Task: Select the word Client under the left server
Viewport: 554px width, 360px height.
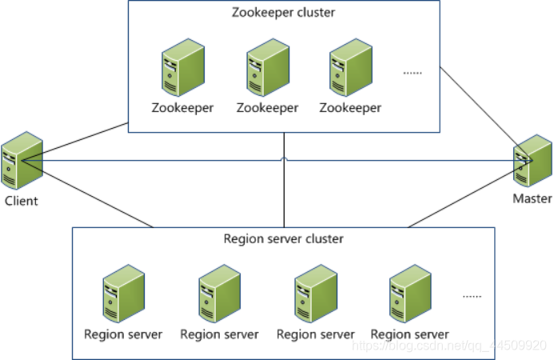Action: coord(21,201)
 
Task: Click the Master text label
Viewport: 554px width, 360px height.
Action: coord(532,198)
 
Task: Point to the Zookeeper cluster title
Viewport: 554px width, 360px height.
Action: coord(283,13)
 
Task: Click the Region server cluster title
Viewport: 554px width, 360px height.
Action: coord(283,238)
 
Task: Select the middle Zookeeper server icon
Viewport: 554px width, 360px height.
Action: coord(267,69)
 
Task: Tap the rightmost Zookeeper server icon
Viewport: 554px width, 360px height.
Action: coord(350,69)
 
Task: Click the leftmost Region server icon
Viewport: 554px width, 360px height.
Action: coord(123,294)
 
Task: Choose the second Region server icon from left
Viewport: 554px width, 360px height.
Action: coord(219,294)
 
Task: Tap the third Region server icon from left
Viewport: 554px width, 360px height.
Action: coord(315,294)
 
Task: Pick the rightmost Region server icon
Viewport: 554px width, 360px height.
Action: coord(409,294)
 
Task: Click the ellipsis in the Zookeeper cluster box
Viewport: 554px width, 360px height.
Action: coord(412,72)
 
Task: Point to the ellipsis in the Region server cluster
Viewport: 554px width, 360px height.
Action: coord(472,296)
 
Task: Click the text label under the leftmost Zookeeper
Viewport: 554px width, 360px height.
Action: coord(182,107)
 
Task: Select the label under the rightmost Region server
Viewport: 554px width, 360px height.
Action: coord(409,334)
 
